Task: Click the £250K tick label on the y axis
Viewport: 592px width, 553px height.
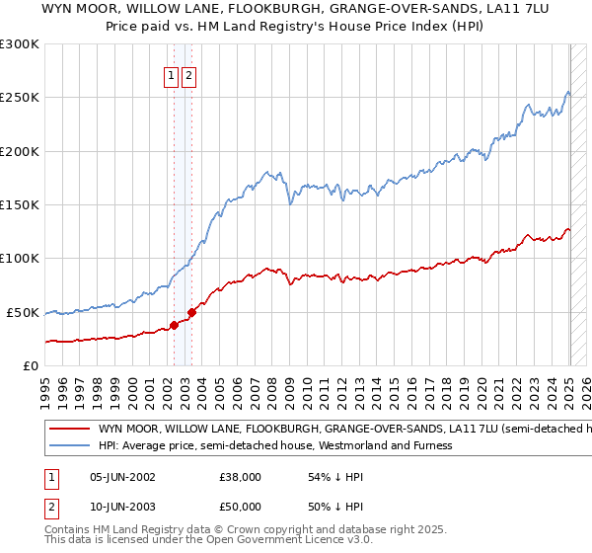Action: pyautogui.click(x=20, y=98)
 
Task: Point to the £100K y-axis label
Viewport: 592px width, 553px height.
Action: pyautogui.click(x=20, y=259)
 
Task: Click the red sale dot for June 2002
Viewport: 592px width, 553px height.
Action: pyautogui.click(x=174, y=324)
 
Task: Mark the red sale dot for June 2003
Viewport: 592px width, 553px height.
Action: pyautogui.click(x=191, y=311)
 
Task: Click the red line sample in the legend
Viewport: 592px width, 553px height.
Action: pyautogui.click(x=69, y=430)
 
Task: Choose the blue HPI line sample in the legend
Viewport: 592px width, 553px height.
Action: pyautogui.click(x=69, y=445)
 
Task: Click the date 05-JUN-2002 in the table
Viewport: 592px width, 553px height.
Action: pyautogui.click(x=122, y=476)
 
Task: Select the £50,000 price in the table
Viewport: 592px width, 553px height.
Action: pyautogui.click(x=241, y=507)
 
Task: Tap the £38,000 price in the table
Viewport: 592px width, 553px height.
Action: pyautogui.click(x=241, y=476)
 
